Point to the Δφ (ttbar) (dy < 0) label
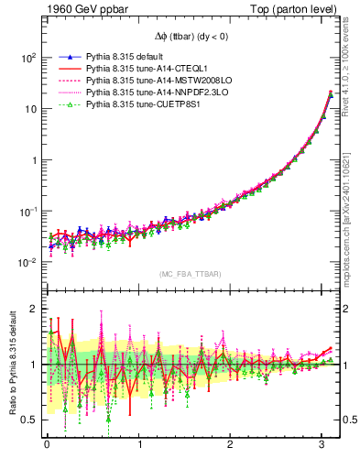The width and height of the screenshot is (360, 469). [x=190, y=35]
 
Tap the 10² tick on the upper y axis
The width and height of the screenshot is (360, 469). [x=29, y=58]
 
